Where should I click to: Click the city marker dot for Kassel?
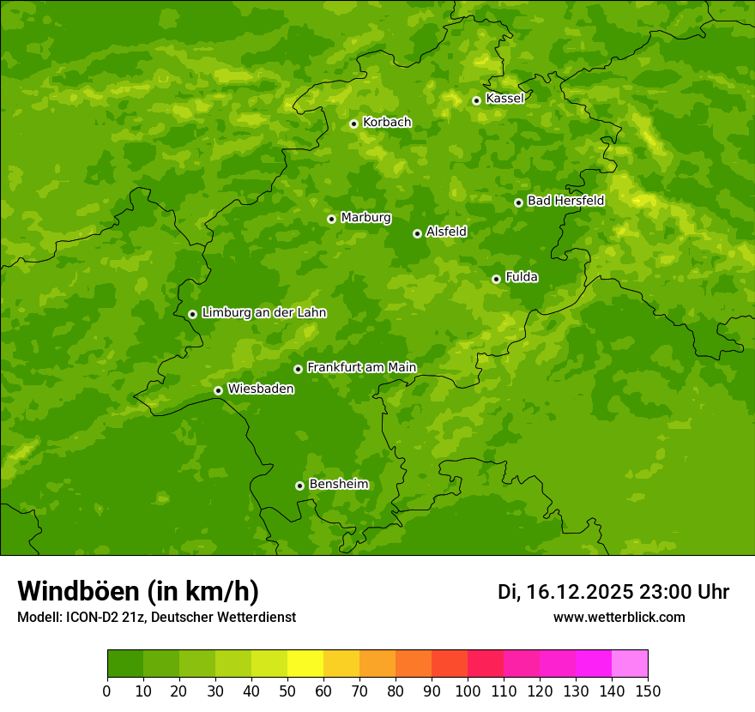click(476, 100)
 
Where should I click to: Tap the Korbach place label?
click(387, 123)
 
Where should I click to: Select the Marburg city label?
click(365, 218)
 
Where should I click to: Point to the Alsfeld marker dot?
click(417, 233)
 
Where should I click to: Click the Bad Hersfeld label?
click(565, 201)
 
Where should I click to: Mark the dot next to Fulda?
click(496, 279)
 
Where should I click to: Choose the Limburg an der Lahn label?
click(263, 313)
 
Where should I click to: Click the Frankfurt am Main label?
click(361, 368)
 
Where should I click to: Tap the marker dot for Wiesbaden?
click(218, 390)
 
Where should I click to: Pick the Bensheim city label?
click(338, 485)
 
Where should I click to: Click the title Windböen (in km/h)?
click(138, 591)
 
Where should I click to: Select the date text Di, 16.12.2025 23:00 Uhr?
click(613, 592)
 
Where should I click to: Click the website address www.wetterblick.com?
click(619, 617)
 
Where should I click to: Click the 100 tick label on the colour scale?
click(468, 691)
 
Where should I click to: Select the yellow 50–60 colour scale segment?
click(305, 664)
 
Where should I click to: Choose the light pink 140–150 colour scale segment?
click(630, 664)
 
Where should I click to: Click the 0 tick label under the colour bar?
click(107, 691)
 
